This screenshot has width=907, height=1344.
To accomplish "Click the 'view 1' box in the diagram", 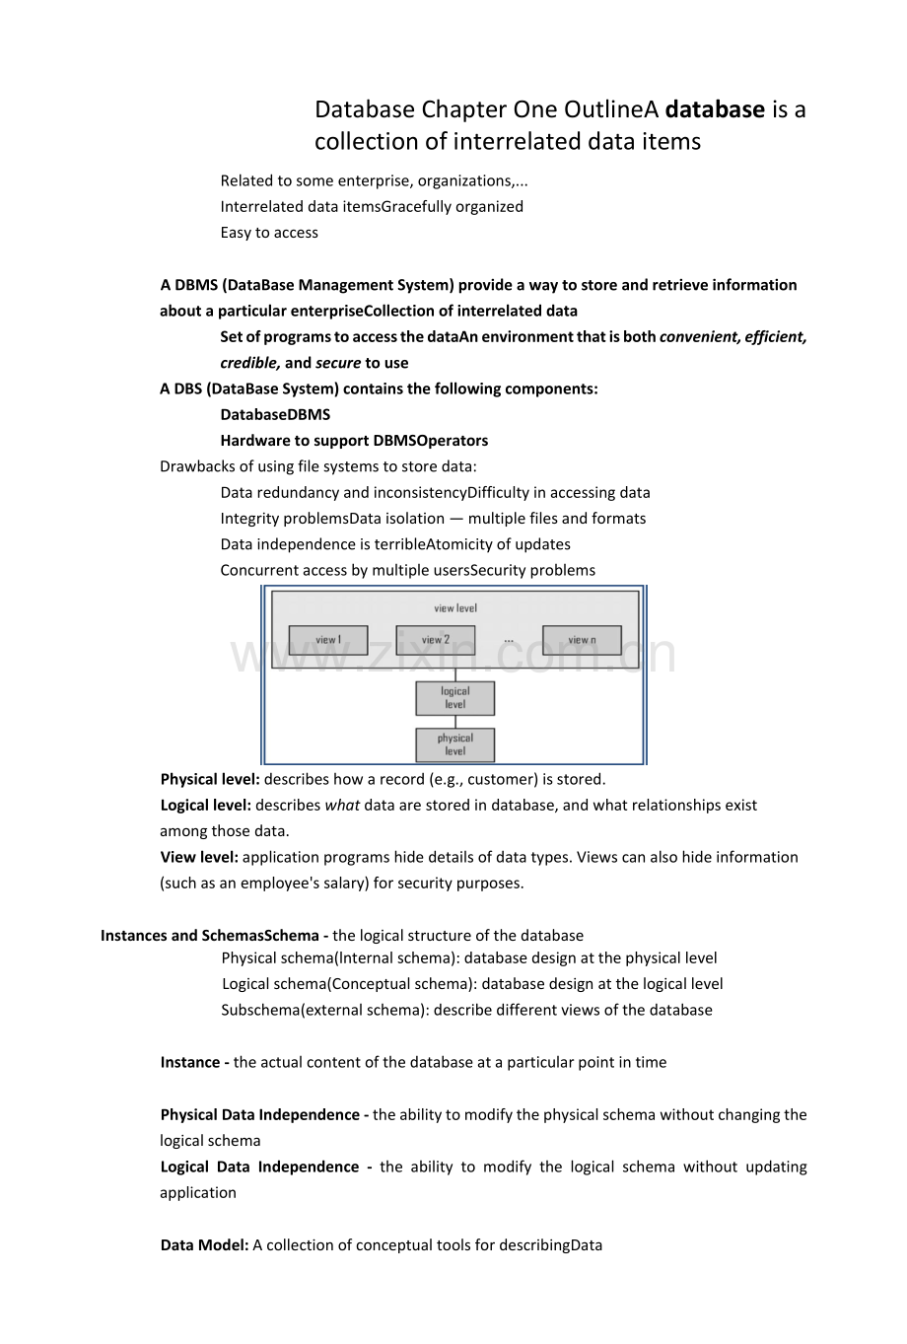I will click(327, 640).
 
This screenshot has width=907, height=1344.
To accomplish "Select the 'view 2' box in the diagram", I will click(435, 640).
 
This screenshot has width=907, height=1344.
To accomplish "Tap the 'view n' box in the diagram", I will click(582, 640).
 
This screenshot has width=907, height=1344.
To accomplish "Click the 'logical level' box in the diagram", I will click(454, 698).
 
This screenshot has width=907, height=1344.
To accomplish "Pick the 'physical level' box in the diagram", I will click(454, 744).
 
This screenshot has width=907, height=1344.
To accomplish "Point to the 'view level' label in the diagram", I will click(454, 608).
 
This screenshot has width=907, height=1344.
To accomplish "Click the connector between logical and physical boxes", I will click(454, 722).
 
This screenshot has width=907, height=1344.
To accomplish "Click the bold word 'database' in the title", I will click(715, 109).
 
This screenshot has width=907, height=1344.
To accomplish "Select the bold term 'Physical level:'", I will click(210, 779).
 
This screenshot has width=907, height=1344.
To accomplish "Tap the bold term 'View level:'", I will click(199, 857).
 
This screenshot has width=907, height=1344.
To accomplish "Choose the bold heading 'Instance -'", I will click(195, 1062).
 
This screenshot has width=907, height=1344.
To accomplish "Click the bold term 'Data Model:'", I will click(204, 1244).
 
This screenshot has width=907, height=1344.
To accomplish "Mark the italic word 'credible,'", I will click(250, 363).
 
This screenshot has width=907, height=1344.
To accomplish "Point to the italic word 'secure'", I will click(338, 363).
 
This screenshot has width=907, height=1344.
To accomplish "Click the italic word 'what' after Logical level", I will click(342, 805).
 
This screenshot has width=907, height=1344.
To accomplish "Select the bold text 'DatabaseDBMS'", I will click(275, 414).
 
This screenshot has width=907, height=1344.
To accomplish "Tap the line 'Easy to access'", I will click(269, 233).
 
